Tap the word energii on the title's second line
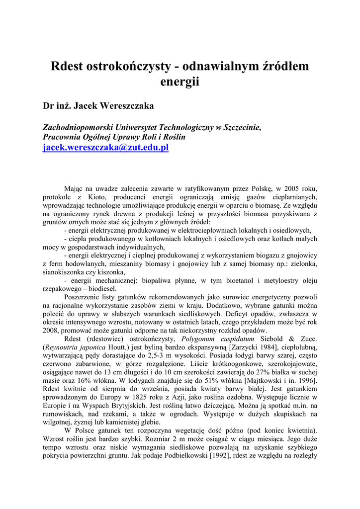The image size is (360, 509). [x=180, y=82]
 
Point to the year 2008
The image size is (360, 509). [x=52, y=331]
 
